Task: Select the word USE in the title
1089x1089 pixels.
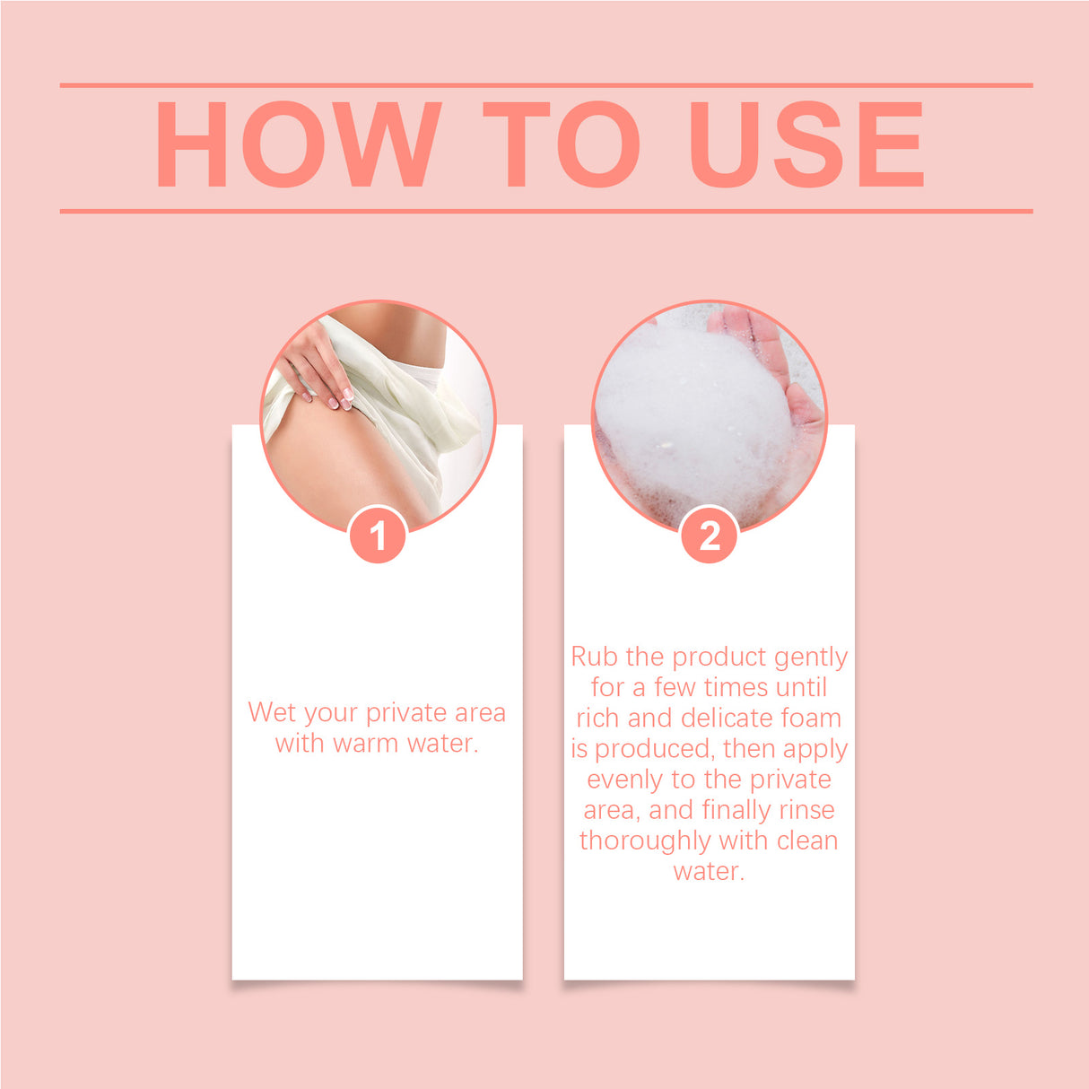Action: click(x=806, y=144)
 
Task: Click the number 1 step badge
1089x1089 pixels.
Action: click(x=378, y=536)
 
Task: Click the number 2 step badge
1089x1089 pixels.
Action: click(x=710, y=536)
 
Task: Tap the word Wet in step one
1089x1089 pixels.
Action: click(x=271, y=712)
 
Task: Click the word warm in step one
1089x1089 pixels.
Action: click(x=366, y=744)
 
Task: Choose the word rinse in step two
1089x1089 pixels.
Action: click(x=806, y=810)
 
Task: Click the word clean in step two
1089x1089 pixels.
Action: click(x=807, y=841)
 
